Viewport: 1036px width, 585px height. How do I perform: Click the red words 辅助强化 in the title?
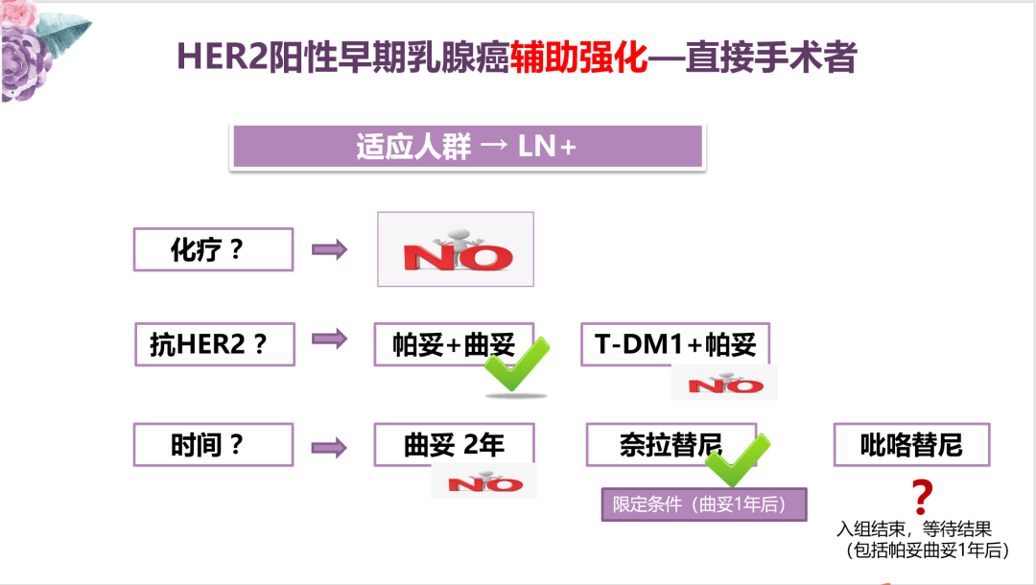tap(579, 58)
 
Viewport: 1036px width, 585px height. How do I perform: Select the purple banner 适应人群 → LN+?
tap(466, 147)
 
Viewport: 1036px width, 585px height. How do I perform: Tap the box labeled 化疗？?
tap(213, 249)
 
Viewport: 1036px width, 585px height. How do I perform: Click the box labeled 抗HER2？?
tap(214, 344)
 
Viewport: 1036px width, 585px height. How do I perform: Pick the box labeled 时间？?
tap(213, 445)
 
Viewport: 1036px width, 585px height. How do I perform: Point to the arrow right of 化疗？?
tap(330, 249)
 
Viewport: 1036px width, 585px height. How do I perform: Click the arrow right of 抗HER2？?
tap(330, 339)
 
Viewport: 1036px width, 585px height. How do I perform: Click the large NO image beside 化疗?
tap(455, 249)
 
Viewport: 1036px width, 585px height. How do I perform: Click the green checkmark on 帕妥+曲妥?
tap(516, 365)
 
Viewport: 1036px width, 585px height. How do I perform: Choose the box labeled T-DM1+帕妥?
tap(675, 344)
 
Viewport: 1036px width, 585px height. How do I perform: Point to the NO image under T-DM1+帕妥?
tap(724, 383)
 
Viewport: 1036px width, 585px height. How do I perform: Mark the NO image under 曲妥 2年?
tap(483, 481)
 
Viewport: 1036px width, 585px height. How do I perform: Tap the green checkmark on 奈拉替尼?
tap(738, 461)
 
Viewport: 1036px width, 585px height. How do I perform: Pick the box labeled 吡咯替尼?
tap(911, 445)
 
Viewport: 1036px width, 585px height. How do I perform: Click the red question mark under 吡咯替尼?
tap(921, 496)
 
